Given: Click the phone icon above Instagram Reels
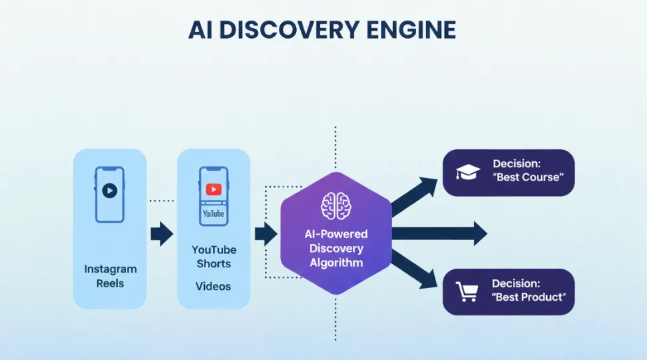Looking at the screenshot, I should click(110, 194).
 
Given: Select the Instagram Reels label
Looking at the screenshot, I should click(110, 276).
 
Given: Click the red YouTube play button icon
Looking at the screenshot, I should click(213, 189).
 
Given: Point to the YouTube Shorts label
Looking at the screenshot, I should click(213, 257).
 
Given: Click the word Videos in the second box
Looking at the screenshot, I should click(213, 286).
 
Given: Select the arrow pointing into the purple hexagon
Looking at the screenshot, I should click(266, 233).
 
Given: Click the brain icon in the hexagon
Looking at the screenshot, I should click(336, 207).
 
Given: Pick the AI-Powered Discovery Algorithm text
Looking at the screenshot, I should click(337, 249).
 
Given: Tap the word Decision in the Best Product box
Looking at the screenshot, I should click(516, 283).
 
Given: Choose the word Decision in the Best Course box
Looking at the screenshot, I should click(517, 163).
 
